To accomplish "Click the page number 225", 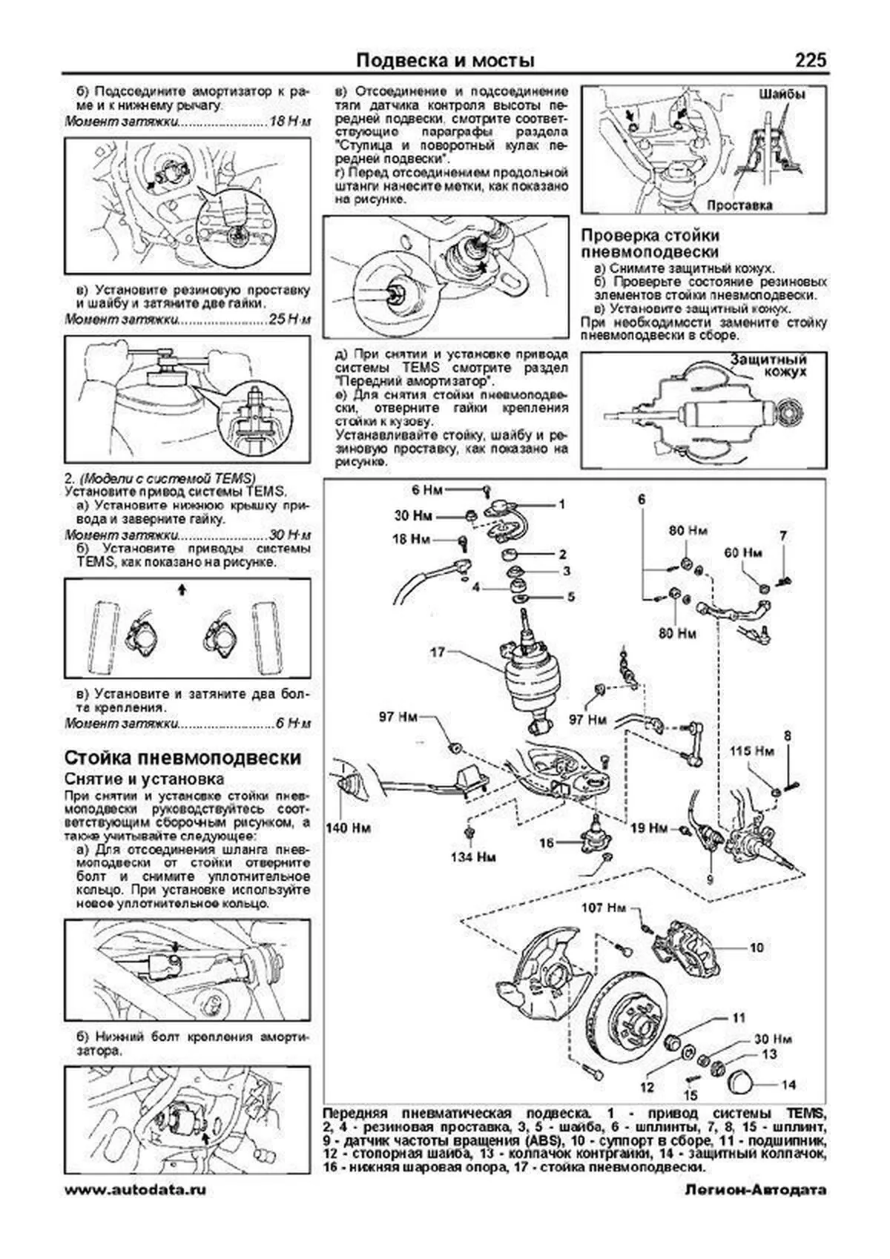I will click(x=810, y=60).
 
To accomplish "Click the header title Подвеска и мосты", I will click(x=445, y=60).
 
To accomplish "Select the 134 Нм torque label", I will click(x=472, y=857).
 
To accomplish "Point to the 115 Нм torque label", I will click(x=752, y=751).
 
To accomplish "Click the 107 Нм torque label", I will click(x=604, y=907).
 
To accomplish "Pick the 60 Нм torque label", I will click(x=742, y=553).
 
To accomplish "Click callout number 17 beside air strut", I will click(x=437, y=653).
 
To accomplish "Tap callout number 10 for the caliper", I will click(x=756, y=948).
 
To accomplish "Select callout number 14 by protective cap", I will click(x=788, y=1085).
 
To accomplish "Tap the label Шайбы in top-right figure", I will click(x=782, y=95).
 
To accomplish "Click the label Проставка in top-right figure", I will click(x=739, y=205).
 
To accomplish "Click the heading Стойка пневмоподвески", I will click(x=183, y=758).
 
